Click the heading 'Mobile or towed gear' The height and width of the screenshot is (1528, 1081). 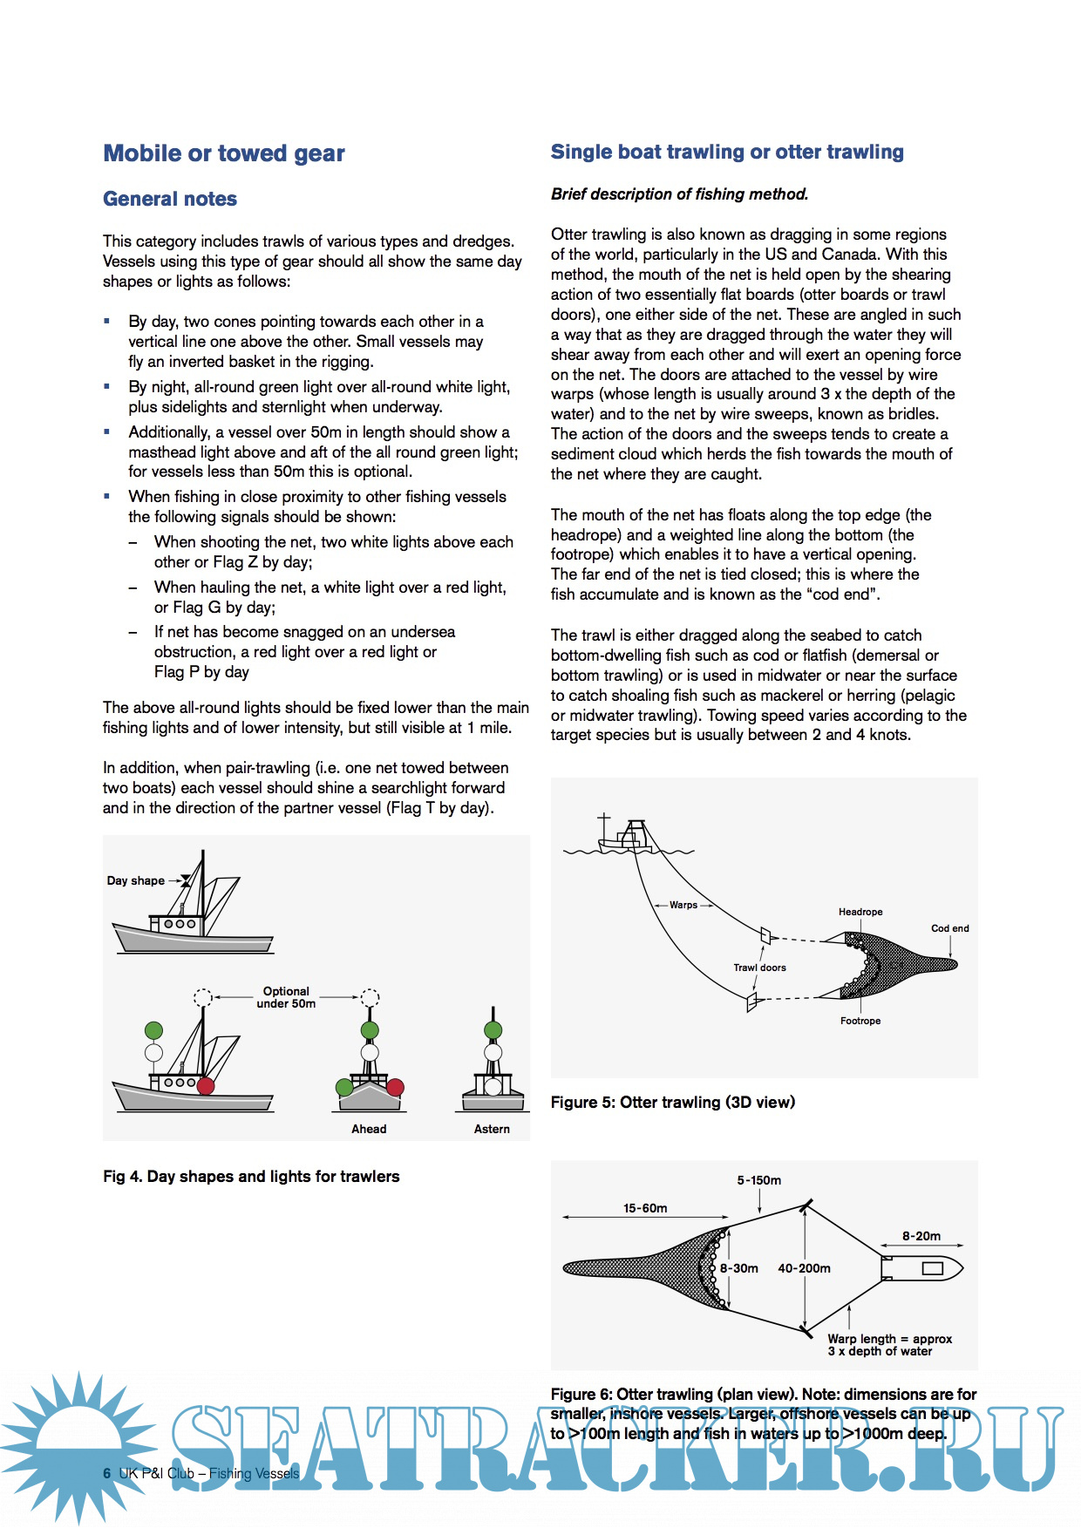[224, 153]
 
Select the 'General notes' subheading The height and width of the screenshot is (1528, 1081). [170, 199]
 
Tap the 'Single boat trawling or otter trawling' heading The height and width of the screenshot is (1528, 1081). [727, 152]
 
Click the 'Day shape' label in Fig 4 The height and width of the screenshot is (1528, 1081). [135, 880]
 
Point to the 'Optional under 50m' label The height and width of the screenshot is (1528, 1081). [286, 997]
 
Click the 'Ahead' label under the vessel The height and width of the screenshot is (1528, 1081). [369, 1129]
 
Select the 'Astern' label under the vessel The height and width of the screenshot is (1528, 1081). [492, 1129]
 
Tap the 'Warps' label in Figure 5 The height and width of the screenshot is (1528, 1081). [683, 905]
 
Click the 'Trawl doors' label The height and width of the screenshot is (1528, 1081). [759, 968]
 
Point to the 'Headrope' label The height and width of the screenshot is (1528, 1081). [860, 912]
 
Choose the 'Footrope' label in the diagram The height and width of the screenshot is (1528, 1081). [860, 1021]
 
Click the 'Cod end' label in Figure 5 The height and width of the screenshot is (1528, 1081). [949, 928]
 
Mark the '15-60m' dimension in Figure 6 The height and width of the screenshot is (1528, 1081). [645, 1208]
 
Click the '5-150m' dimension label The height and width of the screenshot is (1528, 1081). [759, 1180]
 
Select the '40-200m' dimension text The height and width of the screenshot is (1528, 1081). [804, 1268]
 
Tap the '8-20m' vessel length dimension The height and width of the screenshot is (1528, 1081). [921, 1236]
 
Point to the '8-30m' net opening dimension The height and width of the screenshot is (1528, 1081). [739, 1268]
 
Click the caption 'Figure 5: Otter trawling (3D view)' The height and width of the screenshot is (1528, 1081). [673, 1102]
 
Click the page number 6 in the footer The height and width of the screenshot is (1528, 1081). [107, 1473]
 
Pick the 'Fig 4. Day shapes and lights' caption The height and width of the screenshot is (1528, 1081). [251, 1176]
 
